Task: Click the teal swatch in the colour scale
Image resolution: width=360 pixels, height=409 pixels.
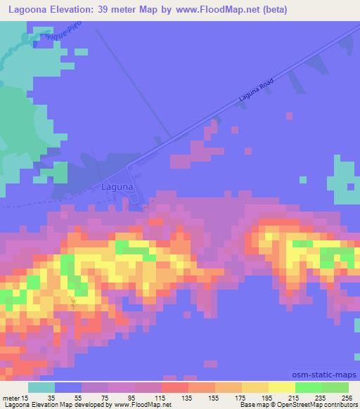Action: click(41, 387)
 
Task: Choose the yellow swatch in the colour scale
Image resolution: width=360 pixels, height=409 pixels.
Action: click(281, 387)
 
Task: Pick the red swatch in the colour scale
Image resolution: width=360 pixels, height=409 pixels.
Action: click(174, 387)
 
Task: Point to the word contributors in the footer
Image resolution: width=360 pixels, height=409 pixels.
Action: click(338, 405)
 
